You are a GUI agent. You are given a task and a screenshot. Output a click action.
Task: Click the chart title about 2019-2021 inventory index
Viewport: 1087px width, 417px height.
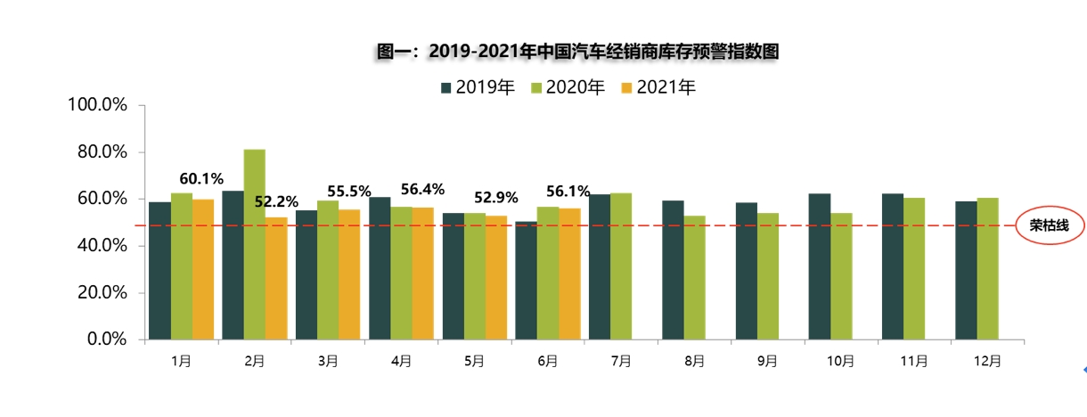click(578, 52)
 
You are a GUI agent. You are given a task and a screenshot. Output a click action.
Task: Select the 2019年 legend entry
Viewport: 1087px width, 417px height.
click(478, 87)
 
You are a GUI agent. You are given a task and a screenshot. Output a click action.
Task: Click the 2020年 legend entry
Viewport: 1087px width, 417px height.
click(568, 87)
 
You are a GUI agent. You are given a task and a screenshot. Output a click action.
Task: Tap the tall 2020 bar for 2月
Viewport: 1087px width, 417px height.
click(254, 244)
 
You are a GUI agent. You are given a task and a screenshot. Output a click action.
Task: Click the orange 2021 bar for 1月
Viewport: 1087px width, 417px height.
click(203, 269)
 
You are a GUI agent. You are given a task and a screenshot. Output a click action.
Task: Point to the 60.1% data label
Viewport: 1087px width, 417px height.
click(201, 179)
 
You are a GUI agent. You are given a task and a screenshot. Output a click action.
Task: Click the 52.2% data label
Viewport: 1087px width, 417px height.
click(275, 201)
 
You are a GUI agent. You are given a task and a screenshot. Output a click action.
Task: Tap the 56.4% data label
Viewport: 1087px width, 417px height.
click(422, 189)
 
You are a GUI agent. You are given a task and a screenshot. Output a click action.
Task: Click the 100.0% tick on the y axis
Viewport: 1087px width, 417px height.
click(98, 105)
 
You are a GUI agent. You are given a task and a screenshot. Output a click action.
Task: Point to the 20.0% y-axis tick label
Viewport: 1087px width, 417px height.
click(102, 292)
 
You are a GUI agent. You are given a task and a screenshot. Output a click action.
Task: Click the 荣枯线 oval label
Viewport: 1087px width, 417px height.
click(1049, 225)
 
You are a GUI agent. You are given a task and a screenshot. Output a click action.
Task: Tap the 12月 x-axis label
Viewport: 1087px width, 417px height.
click(987, 361)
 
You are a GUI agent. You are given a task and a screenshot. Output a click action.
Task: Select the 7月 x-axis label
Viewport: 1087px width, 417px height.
click(621, 361)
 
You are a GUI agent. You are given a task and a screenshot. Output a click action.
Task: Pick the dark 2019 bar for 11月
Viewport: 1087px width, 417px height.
click(892, 266)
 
